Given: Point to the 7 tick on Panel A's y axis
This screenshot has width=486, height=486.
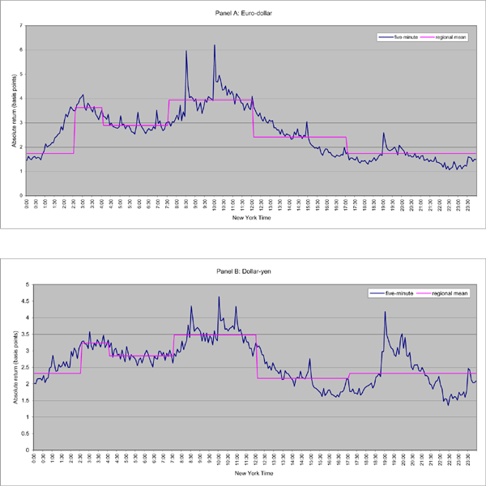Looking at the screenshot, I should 21,26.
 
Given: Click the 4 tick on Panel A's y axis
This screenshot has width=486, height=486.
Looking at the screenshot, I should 21,99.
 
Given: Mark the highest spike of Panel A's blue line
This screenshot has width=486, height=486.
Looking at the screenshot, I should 215,45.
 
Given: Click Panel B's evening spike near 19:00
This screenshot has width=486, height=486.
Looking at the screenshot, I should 385,312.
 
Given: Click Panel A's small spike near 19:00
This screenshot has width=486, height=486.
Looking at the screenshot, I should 384,133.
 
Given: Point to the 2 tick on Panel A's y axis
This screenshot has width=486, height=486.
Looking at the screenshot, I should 21,147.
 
